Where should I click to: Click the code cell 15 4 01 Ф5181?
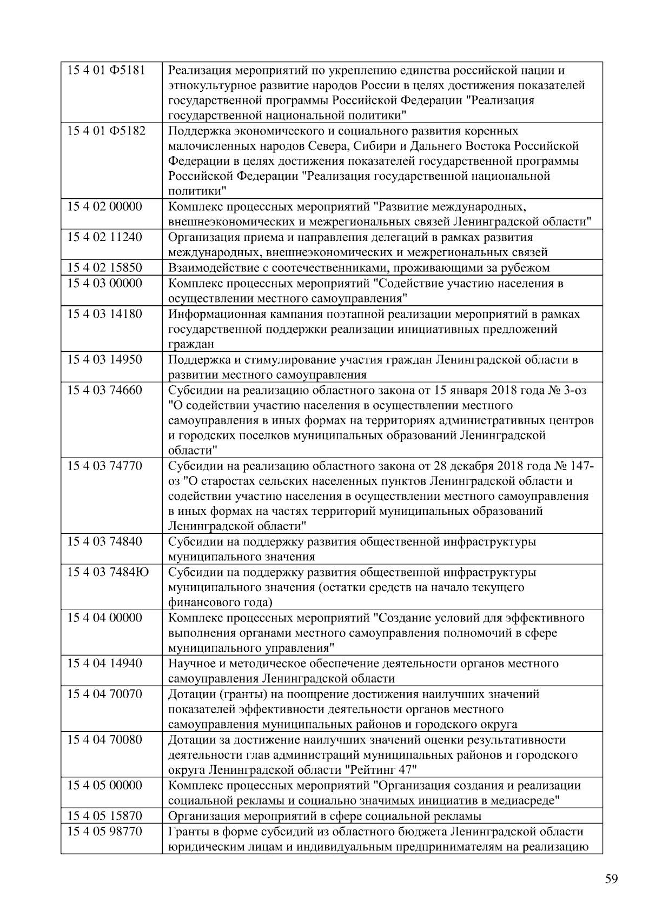point(106,70)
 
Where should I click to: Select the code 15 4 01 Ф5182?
point(106,131)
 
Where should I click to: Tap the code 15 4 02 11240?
point(104,237)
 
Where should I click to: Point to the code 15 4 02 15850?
point(104,267)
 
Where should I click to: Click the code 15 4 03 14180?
point(104,314)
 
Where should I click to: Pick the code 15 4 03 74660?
point(104,390)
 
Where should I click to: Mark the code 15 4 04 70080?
point(104,739)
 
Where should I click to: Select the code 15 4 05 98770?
point(104,831)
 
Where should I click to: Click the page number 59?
point(611,879)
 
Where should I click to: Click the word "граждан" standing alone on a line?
point(191,344)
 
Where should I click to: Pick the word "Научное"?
point(191,664)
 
